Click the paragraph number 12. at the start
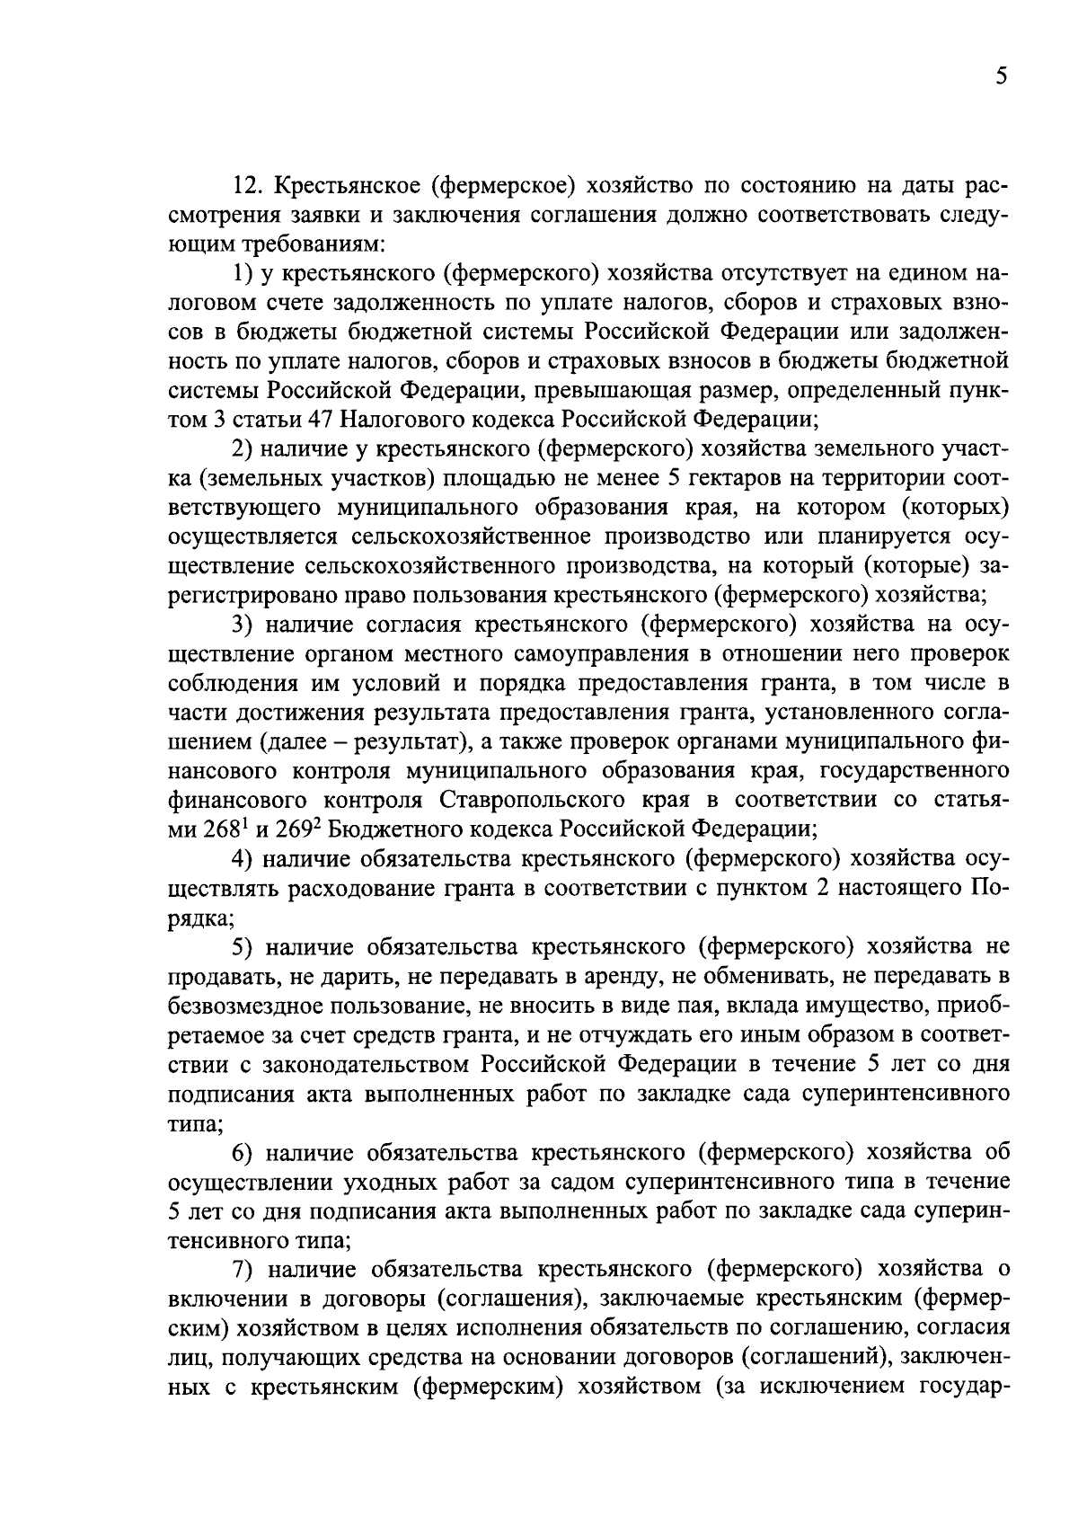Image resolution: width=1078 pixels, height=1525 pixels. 248,186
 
